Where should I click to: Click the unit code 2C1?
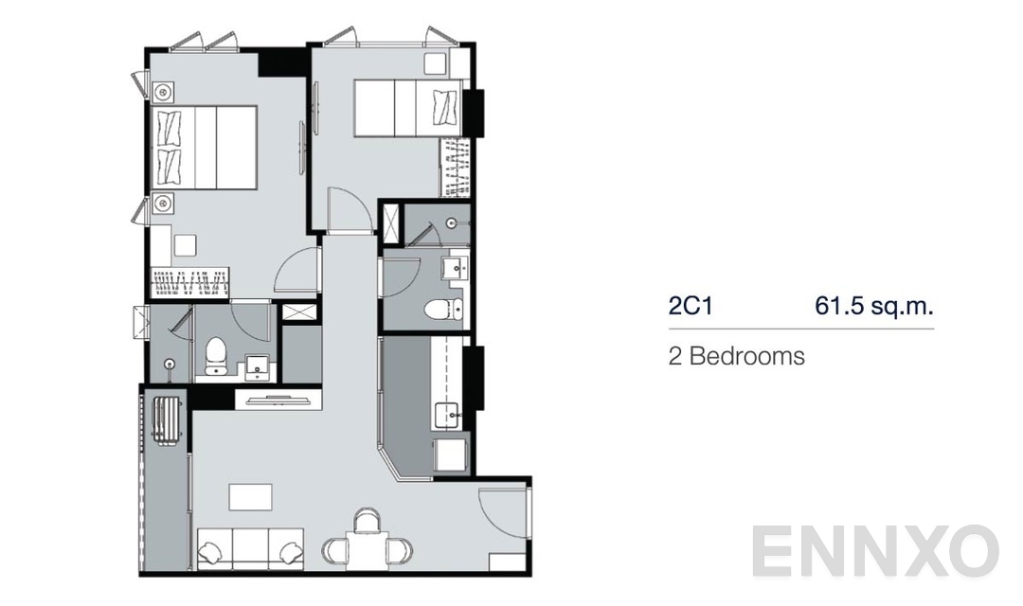click(690, 306)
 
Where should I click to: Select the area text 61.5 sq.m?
click(874, 306)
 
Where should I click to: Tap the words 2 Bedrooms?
click(737, 357)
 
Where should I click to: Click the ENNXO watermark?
click(875, 552)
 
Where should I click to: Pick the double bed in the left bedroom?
click(203, 147)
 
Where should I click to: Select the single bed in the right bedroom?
click(407, 106)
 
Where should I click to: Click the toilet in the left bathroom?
click(216, 355)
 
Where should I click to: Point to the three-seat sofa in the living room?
click(250, 548)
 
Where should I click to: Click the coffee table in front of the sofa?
click(250, 496)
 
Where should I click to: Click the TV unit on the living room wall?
click(277, 400)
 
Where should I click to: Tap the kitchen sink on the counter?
click(446, 414)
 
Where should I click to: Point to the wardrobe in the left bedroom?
click(192, 280)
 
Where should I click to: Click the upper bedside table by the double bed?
click(163, 91)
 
